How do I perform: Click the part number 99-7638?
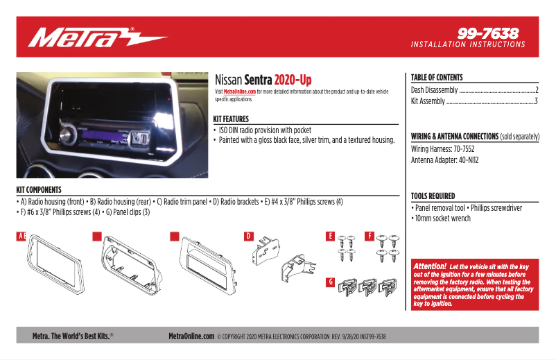tap(487, 33)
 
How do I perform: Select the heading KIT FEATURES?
tap(231, 119)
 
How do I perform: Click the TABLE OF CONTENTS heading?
tap(437, 78)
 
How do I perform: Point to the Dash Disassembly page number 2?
tap(537, 90)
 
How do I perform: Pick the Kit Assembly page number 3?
tap(537, 101)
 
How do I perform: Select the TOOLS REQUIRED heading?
tap(433, 196)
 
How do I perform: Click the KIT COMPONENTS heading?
tap(39, 189)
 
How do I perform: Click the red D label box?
tap(248, 237)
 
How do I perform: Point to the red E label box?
tap(331, 237)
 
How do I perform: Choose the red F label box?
tap(370, 237)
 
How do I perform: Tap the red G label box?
tap(331, 282)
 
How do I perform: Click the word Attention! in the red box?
tap(429, 266)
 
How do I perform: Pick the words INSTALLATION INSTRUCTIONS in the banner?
tap(468, 44)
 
